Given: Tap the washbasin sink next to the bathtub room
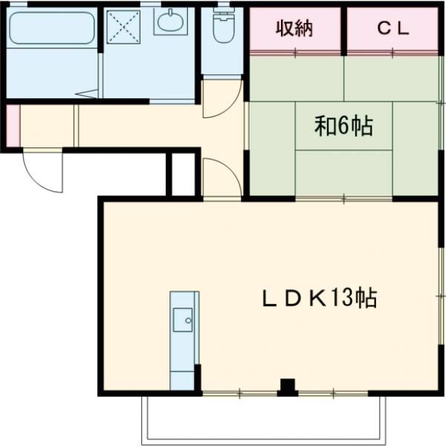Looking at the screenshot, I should (x=170, y=22).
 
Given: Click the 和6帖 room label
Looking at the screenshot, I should (x=343, y=127).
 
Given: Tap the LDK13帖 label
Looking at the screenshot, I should (x=319, y=299).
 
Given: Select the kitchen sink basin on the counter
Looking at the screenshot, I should (x=183, y=322).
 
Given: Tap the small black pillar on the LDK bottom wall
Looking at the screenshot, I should (x=286, y=387).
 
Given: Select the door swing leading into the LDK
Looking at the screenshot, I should (x=222, y=178).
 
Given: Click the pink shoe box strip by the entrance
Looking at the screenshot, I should (x=13, y=126).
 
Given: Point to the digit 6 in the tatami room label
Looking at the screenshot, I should (x=343, y=127).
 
